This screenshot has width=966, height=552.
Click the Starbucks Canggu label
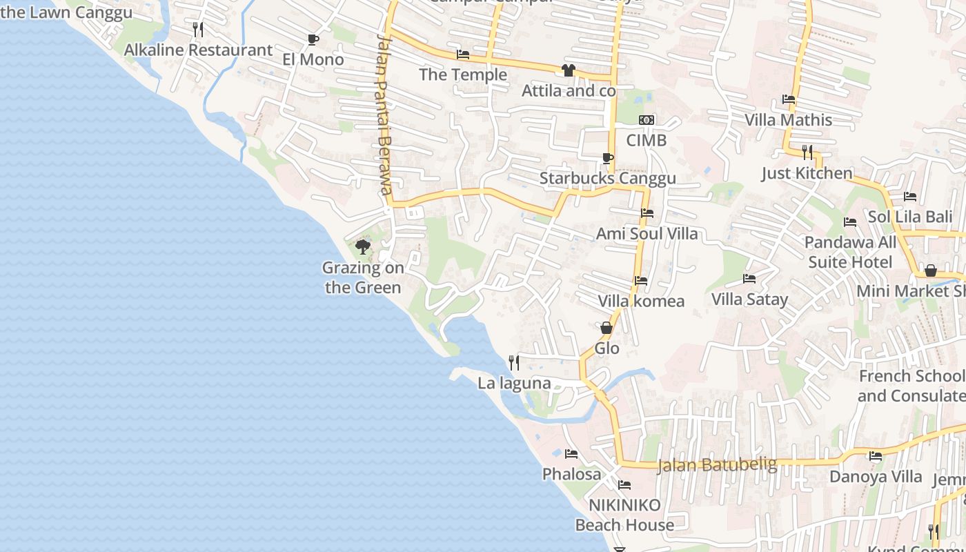[607, 179]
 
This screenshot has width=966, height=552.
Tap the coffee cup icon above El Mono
[313, 39]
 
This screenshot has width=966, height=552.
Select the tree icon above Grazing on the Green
[362, 246]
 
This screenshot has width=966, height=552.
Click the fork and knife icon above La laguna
[513, 362]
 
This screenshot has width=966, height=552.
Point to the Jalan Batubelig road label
[717, 465]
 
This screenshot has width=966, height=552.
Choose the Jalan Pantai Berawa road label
[384, 115]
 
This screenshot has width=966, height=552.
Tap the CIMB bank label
[647, 141]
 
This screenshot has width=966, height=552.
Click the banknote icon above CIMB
[647, 120]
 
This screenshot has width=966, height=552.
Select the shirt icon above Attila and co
[568, 70]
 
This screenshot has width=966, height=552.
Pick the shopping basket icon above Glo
[607, 328]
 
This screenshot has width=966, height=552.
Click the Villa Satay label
[749, 299]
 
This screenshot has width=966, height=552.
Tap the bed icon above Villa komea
[641, 281]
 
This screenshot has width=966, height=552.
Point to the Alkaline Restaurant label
[198, 50]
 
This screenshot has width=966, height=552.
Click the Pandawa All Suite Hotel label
[850, 253]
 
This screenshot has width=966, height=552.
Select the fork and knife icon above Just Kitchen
[807, 152]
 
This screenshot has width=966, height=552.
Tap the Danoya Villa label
[876, 477]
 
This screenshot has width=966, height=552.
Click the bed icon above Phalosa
[571, 454]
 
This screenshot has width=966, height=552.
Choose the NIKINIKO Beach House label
[624, 515]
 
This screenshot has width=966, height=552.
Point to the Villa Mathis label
[789, 120]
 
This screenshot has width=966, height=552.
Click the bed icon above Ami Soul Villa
[647, 213]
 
